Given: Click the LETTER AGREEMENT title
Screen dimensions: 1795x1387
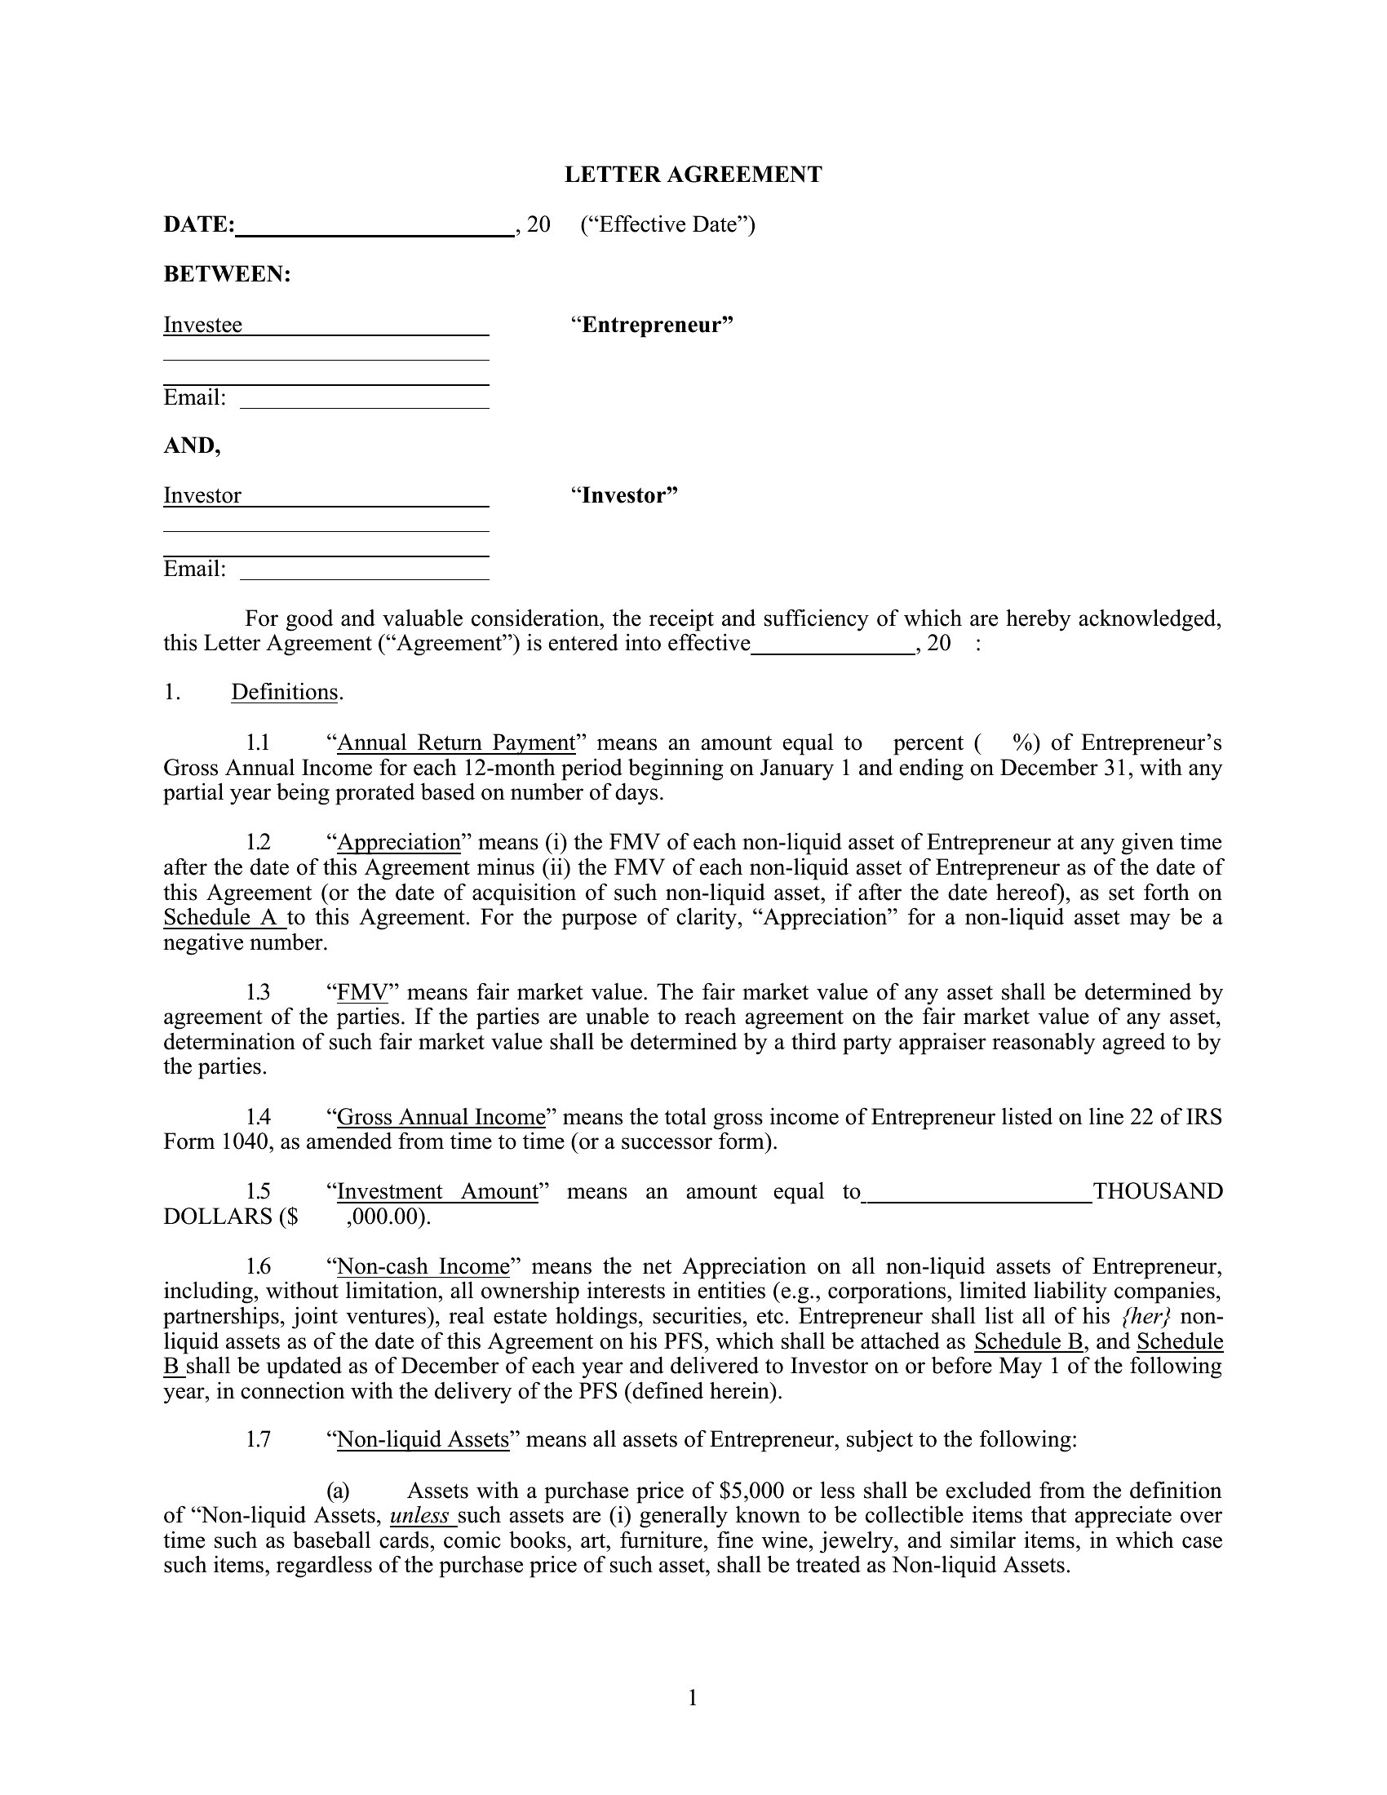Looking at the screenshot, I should pos(693,175).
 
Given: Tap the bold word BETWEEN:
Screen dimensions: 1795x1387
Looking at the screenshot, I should pos(228,274).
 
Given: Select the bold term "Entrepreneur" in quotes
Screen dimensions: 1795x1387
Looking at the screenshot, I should pos(652,325).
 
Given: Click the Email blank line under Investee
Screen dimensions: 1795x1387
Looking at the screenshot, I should pos(364,401).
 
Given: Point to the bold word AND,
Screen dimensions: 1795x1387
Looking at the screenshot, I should pos(193,445).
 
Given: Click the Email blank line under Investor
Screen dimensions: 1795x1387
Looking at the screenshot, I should pos(364,571).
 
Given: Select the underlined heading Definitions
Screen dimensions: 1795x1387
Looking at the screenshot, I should pos(284,692).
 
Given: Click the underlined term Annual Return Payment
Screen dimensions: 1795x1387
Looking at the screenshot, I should pos(456,743).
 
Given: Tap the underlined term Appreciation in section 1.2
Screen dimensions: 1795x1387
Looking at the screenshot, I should pos(399,843).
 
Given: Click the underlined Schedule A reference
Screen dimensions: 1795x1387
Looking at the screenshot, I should pos(220,917).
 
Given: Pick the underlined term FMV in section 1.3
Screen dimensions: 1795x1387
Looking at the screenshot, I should pos(362,993).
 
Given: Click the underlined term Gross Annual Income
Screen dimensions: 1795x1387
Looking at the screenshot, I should pos(441,1117).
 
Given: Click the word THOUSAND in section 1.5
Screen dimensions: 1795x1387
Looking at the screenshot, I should pos(1158,1192).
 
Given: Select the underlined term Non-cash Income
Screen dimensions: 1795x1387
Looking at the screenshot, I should pos(423,1266).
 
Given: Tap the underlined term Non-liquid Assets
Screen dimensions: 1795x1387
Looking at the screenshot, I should pos(423,1440).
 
